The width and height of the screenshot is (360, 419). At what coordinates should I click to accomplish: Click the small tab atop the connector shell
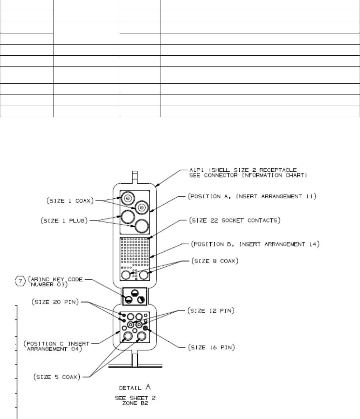tap(135, 176)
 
